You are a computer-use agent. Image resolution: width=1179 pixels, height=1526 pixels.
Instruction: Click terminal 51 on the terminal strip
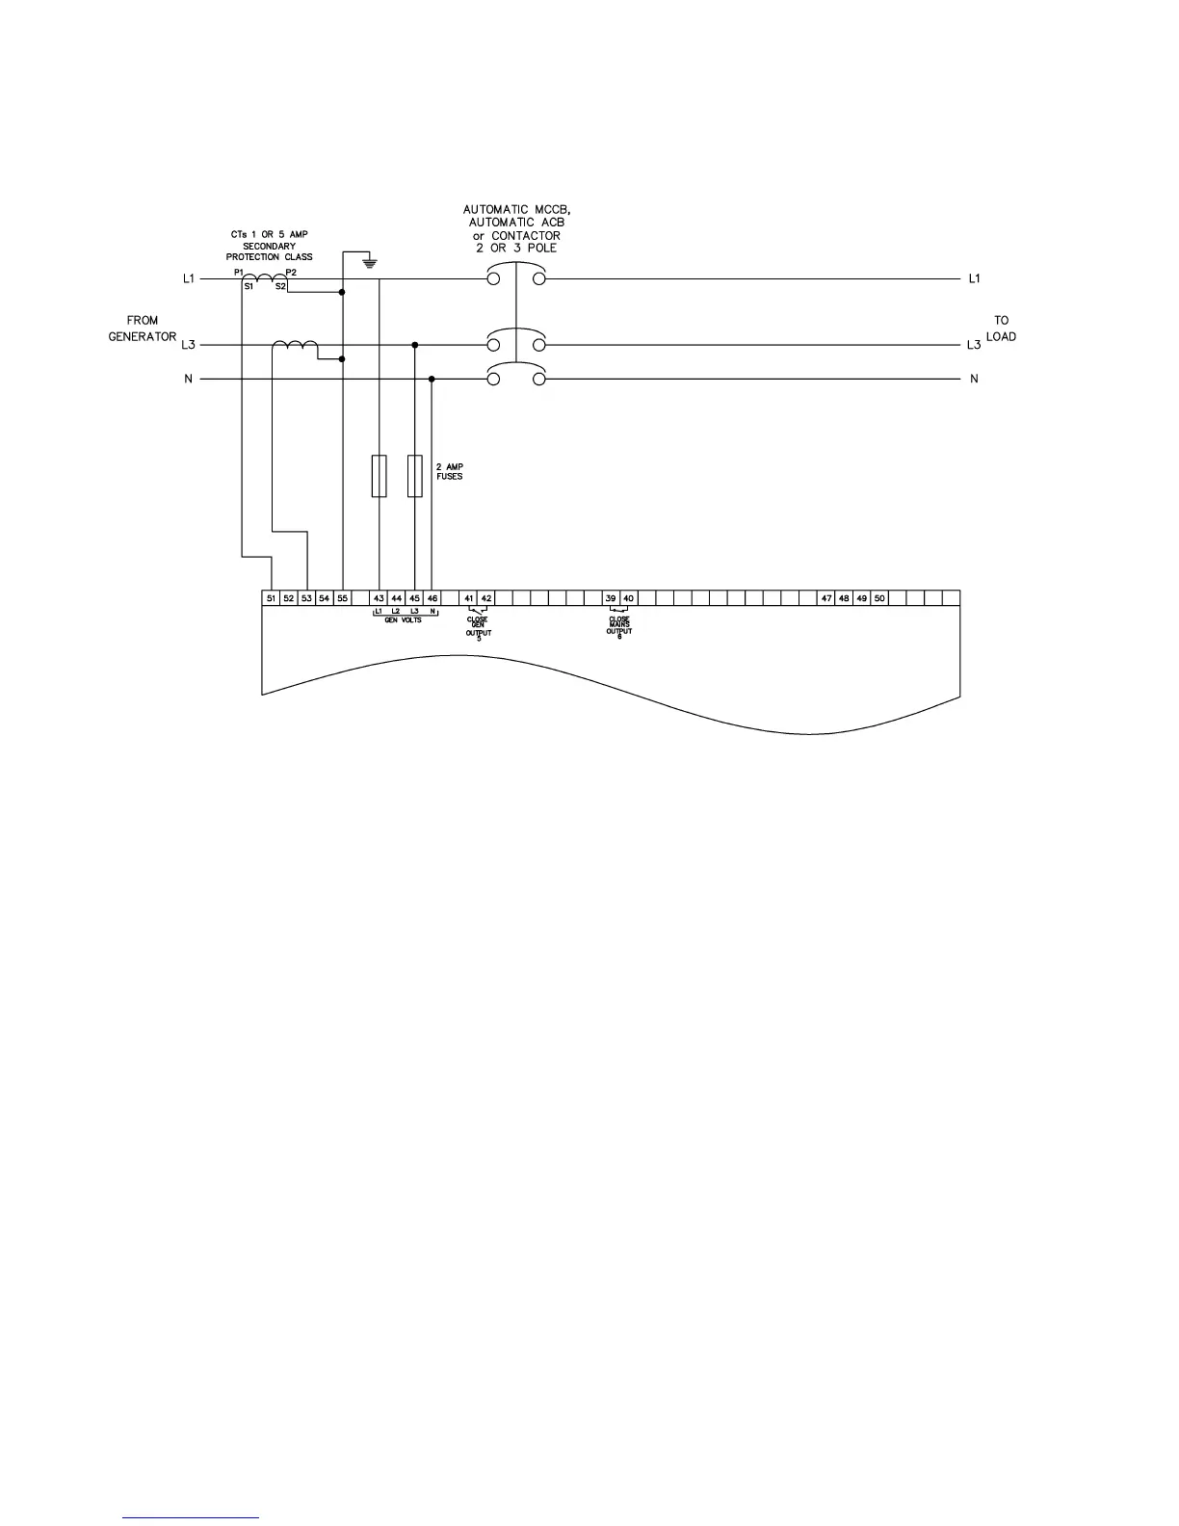coord(272,598)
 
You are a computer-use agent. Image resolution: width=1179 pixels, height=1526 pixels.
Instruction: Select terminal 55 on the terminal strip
coord(342,598)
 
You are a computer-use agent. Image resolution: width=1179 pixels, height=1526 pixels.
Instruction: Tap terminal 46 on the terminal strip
coord(432,598)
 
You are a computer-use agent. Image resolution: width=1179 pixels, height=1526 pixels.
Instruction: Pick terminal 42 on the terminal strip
coord(486,598)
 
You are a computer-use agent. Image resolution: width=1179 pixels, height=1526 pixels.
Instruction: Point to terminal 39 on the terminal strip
coord(611,598)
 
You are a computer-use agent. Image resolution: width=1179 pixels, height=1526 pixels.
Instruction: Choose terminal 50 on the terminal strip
coord(879,598)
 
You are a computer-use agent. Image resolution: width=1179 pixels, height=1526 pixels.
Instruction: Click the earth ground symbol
coord(367,262)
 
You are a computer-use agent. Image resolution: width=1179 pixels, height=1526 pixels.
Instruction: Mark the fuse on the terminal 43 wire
coord(380,475)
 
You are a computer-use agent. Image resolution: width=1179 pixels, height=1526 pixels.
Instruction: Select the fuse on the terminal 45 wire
coord(415,475)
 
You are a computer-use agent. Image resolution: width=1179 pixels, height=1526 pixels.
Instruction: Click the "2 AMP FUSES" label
coord(450,472)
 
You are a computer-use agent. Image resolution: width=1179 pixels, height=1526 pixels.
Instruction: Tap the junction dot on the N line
coord(432,380)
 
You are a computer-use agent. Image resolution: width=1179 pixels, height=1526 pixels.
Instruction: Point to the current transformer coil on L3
coord(295,346)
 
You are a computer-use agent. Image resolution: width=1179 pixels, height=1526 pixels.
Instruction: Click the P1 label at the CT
coord(238,273)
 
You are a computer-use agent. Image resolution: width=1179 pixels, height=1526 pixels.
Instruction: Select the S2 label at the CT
coord(280,287)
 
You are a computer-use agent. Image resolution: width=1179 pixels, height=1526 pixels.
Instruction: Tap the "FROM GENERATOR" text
coord(142,329)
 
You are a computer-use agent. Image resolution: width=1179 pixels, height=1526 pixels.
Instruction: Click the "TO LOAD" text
coord(1001,329)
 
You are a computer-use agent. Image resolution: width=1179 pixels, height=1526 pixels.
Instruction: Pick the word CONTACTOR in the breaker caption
coord(526,236)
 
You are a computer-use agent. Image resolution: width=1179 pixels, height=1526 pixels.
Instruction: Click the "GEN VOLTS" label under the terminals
coord(403,620)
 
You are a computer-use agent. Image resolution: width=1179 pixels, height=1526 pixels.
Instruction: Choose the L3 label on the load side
coord(974,345)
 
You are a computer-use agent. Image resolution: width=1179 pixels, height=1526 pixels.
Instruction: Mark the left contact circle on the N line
coord(493,380)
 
